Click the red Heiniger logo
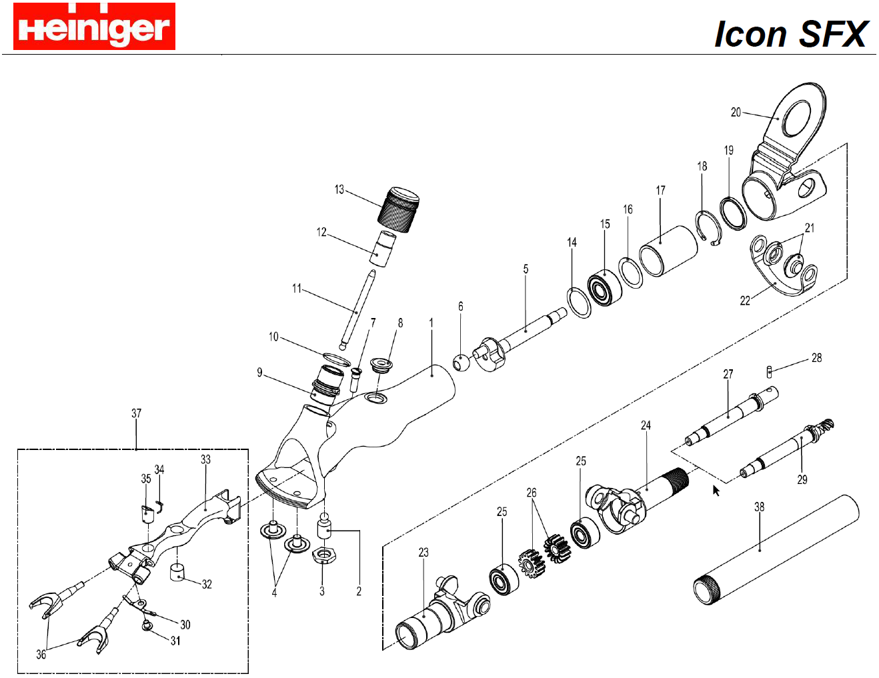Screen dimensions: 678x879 coord(94,27)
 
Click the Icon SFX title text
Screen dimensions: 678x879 coord(790,34)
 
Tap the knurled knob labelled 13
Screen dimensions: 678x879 coord(398,209)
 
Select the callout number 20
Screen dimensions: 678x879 coord(736,112)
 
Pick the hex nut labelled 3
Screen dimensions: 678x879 coord(323,555)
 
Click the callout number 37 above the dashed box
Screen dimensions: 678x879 coord(136,413)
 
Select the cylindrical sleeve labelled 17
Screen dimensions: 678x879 coord(668,250)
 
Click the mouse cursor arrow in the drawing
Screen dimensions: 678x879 coord(716,491)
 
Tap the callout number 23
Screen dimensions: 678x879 coord(423,552)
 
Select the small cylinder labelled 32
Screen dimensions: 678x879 coord(177,572)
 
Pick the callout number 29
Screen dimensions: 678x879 coord(802,479)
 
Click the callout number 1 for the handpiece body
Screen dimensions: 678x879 coord(431,323)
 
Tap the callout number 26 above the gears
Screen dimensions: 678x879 coord(531,493)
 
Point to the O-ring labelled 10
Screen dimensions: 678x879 coord(336,359)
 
